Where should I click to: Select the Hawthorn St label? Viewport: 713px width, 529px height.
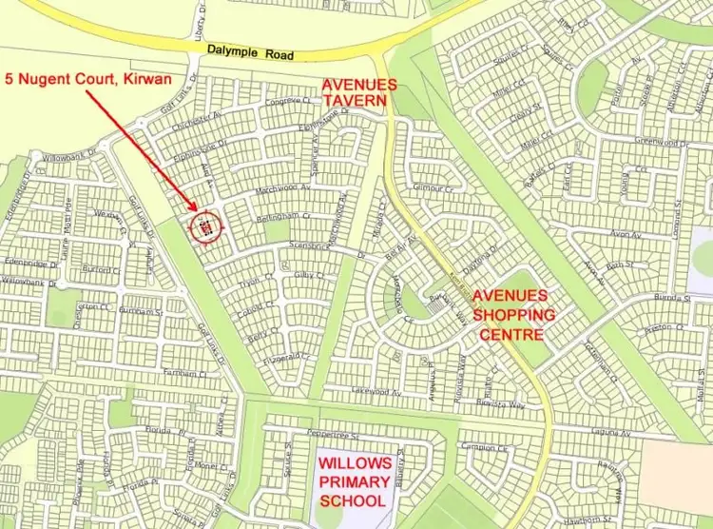(x=586, y=520)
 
